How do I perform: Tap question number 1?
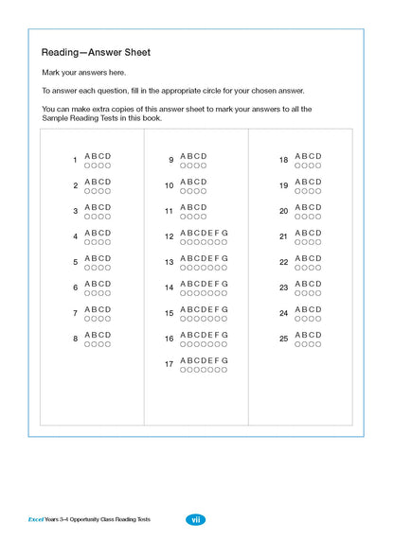tap(75, 161)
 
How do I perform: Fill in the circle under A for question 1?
tap(87, 165)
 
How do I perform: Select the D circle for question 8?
tap(108, 344)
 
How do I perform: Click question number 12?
tap(169, 237)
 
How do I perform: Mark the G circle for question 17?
tap(225, 370)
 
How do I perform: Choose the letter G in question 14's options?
tap(225, 284)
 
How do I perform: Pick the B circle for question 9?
tap(190, 165)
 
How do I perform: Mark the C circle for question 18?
tap(312, 165)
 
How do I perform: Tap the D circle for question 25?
tap(318, 344)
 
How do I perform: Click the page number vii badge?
tap(196, 519)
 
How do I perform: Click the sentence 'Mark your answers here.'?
tap(83, 73)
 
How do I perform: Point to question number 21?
tap(283, 237)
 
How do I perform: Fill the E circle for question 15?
tap(211, 319)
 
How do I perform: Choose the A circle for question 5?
tap(87, 268)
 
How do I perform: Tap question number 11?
tap(169, 212)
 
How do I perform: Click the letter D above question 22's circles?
tap(319, 258)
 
